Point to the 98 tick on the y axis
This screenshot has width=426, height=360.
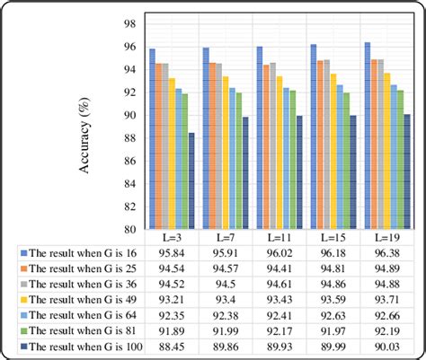129,23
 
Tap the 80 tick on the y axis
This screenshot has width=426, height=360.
129,229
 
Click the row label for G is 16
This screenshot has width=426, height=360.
81,255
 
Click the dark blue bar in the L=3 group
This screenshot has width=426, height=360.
191,180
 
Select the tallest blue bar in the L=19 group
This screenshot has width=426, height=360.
368,135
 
